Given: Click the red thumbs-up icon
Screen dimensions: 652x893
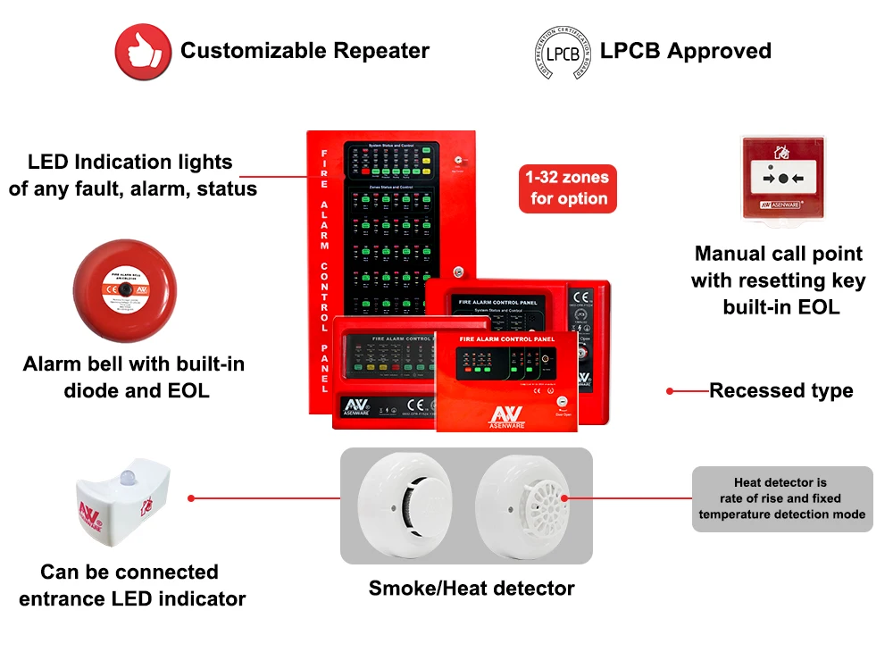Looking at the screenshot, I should point(143,52).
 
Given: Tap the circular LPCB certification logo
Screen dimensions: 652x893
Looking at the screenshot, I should point(562,52).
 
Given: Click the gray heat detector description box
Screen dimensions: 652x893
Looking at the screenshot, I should point(782,498).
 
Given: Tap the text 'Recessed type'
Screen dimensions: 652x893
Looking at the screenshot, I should point(781,390).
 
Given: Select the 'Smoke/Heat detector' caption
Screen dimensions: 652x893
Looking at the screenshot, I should point(472,588).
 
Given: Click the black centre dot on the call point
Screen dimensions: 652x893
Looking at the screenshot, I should point(783,179).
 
